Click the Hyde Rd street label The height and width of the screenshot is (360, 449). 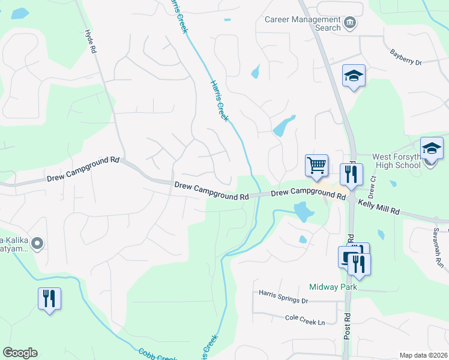[x=91, y=43]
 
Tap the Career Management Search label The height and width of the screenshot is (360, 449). [x=303, y=23]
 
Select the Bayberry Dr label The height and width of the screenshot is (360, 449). [x=406, y=58]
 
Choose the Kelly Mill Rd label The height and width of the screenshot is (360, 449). [x=379, y=208]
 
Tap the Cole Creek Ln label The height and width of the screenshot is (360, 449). [x=304, y=322]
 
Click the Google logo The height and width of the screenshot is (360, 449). [x=20, y=353]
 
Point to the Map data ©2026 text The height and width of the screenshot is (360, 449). [x=423, y=355]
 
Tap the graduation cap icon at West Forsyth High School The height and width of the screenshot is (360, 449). [x=432, y=147]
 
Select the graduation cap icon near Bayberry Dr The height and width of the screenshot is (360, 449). [x=354, y=76]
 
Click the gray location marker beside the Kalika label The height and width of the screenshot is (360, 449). [x=37, y=243]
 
